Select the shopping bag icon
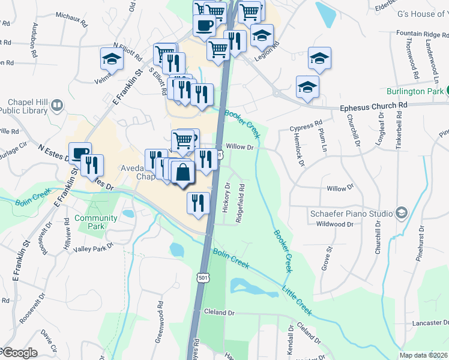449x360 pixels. [182, 173]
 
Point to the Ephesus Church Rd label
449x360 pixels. [373, 106]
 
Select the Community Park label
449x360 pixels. [96, 222]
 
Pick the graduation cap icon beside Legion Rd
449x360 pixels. [262, 37]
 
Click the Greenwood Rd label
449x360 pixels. [160, 326]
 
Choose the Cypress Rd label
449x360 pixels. [306, 127]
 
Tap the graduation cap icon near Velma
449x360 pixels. [112, 59]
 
